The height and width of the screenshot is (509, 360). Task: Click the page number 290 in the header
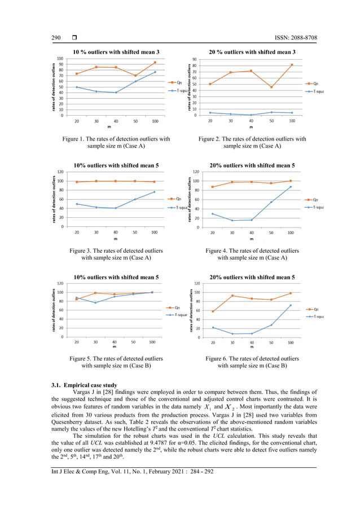(56, 38)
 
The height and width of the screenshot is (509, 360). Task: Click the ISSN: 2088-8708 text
(288, 38)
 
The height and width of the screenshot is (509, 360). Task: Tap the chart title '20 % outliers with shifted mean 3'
(252, 52)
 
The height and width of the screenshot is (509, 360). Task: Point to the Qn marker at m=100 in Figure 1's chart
(155, 63)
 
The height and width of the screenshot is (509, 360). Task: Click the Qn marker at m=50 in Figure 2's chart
(271, 87)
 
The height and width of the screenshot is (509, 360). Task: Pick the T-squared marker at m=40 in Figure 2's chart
(251, 115)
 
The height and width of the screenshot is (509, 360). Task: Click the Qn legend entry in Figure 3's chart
(175, 199)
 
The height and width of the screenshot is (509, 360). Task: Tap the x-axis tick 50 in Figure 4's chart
(270, 232)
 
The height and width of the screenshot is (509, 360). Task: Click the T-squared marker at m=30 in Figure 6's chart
(232, 334)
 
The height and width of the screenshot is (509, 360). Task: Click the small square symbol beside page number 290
(74, 38)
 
